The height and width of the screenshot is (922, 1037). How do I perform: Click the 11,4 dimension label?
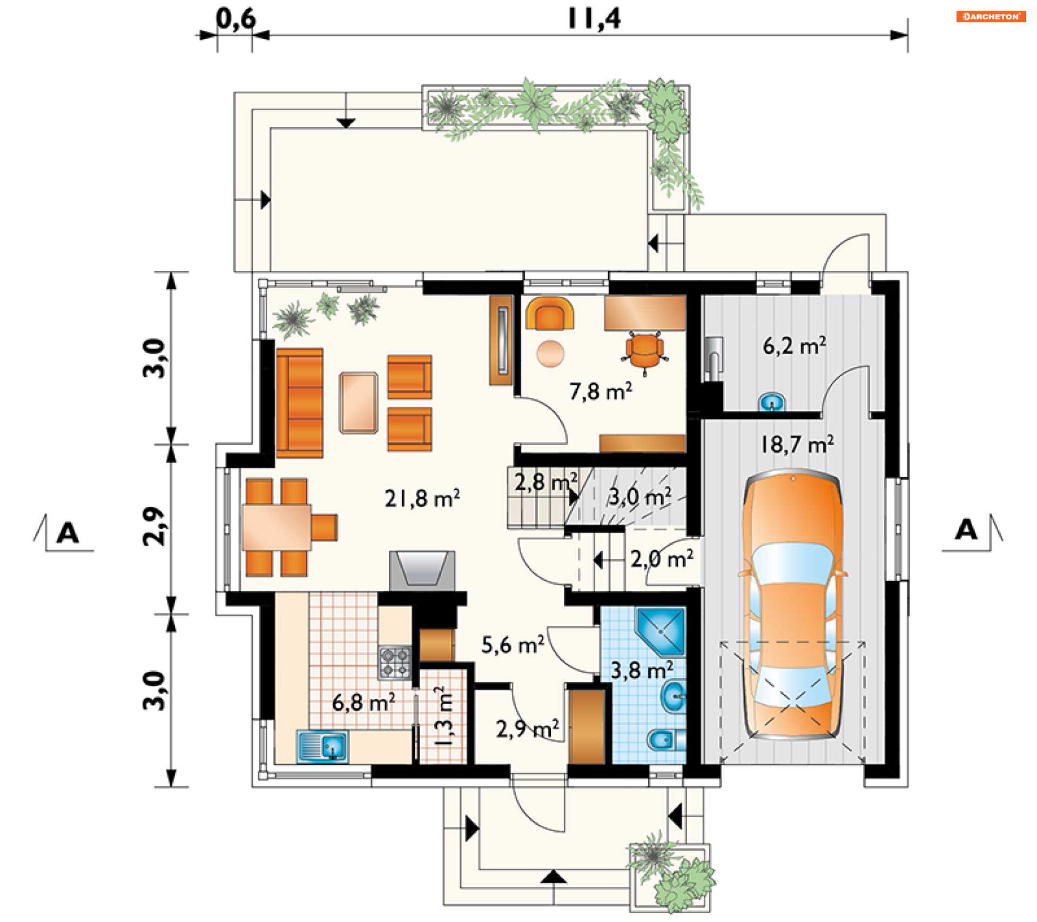[594, 19]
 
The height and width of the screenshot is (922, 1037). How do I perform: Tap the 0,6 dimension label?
[235, 19]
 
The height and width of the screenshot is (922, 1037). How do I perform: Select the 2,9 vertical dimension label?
[153, 527]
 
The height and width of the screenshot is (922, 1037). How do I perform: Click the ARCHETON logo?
[991, 16]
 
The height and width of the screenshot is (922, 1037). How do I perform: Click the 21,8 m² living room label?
[422, 498]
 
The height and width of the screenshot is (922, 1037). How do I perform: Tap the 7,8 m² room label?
[601, 391]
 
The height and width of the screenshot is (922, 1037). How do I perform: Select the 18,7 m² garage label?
[797, 444]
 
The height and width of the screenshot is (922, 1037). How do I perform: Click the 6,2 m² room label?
[794, 346]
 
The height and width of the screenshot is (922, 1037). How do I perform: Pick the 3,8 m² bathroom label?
[642, 671]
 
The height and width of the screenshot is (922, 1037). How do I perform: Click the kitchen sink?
[322, 747]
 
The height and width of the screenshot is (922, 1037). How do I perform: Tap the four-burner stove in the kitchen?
[395, 663]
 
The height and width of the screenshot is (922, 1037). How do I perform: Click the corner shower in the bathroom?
[661, 631]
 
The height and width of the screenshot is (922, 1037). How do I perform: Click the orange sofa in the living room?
[300, 403]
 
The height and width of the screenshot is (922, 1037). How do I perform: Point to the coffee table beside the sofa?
[359, 403]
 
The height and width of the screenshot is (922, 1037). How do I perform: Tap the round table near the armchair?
[550, 354]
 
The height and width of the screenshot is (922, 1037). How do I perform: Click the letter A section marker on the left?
[68, 533]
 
